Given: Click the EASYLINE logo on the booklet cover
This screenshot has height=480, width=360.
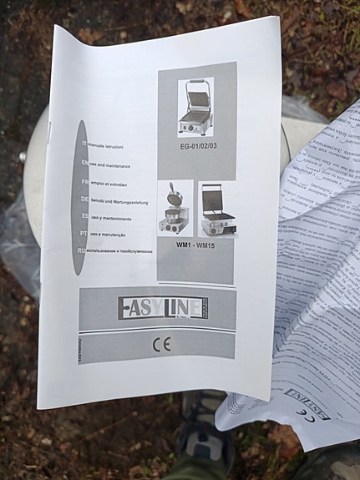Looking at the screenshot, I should (x=162, y=307).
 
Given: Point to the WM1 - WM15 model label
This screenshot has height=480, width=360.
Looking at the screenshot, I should (x=195, y=246).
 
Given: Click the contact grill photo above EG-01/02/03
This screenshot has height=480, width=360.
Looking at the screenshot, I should (x=196, y=108).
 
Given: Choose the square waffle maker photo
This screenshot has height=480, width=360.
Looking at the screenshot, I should (x=217, y=210).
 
